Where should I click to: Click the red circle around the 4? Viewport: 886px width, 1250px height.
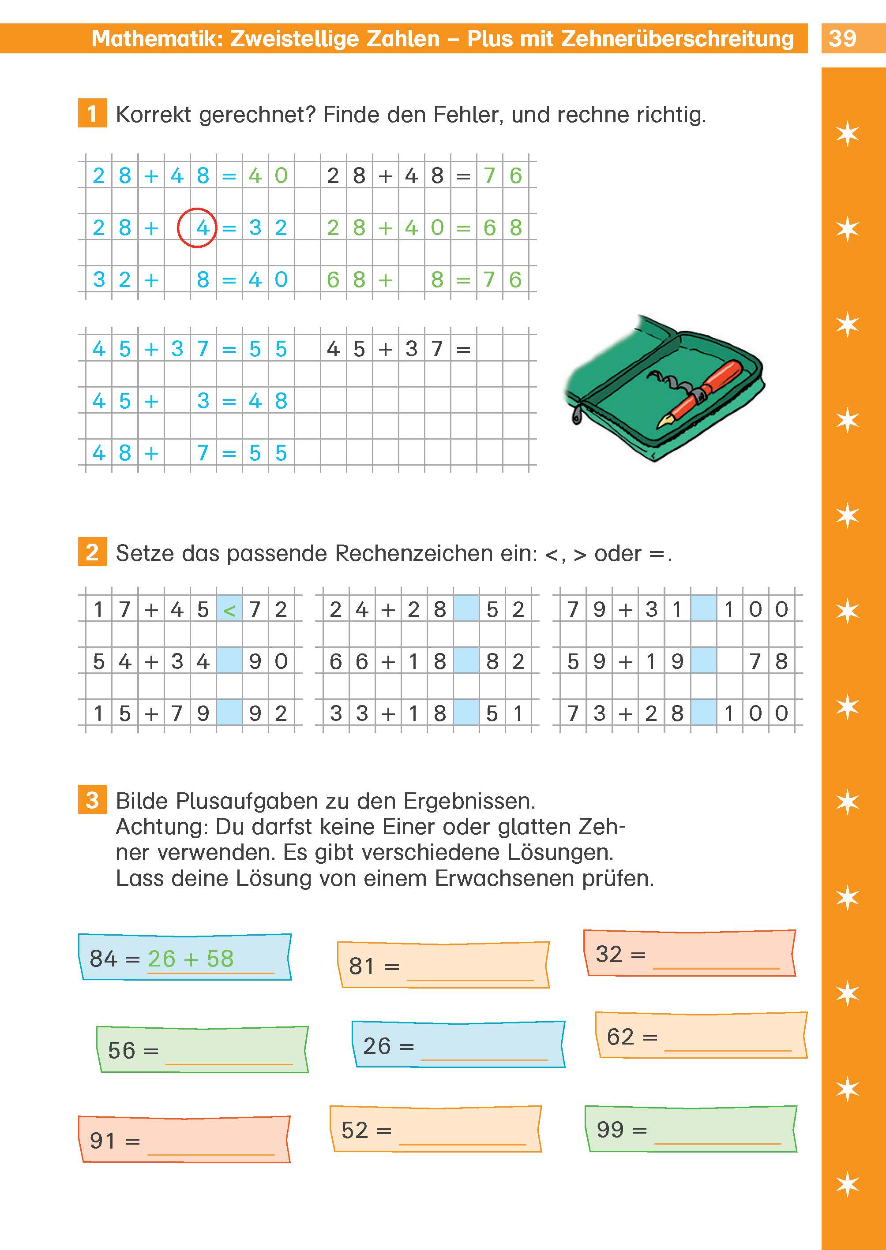[x=197, y=228]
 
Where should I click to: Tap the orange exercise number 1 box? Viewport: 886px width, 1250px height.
[x=92, y=113]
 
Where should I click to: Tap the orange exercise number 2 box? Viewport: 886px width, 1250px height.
[x=92, y=552]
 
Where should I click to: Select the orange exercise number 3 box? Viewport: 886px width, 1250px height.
[x=92, y=800]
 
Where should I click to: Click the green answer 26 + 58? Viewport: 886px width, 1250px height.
[x=191, y=959]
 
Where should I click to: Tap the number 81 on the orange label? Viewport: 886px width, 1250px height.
[x=361, y=966]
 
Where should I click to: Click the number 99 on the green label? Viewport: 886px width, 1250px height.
[x=609, y=1129]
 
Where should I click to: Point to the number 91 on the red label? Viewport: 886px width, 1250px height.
[x=102, y=1140]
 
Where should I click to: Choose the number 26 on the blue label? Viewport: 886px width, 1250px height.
[x=376, y=1045]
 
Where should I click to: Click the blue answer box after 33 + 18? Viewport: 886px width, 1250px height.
[x=466, y=713]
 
